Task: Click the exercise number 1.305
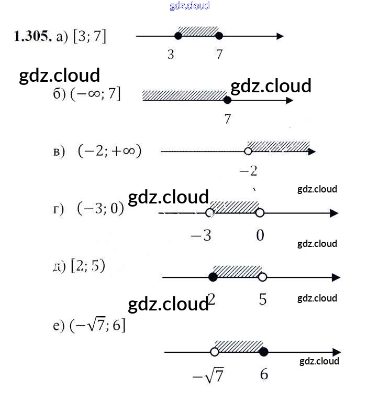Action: [x=33, y=36]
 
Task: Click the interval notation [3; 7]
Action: [x=90, y=36]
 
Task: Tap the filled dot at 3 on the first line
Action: [x=178, y=36]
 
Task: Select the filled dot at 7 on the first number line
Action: [x=219, y=36]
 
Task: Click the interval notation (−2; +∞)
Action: [x=109, y=151]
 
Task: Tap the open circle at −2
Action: [x=248, y=152]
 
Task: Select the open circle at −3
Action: [x=210, y=213]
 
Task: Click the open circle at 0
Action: [x=260, y=213]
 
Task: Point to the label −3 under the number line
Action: [x=200, y=235]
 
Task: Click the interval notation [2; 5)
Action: [x=88, y=266]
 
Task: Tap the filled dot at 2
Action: [x=213, y=277]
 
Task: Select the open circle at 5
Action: [x=262, y=277]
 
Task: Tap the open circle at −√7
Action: [x=214, y=352]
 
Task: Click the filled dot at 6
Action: [x=264, y=352]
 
